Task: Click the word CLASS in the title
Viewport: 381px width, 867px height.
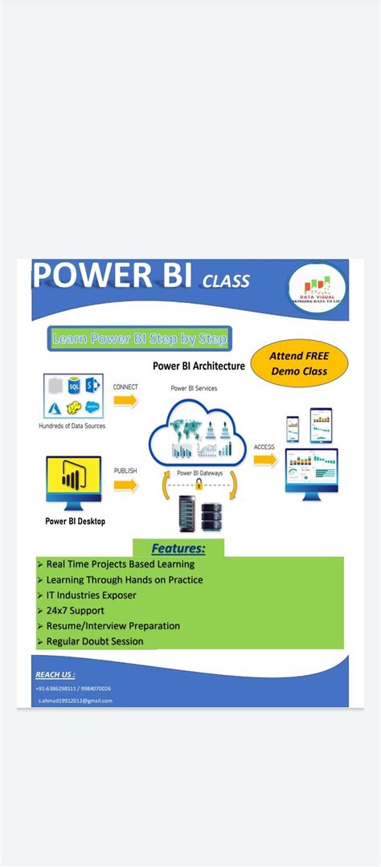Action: click(226, 280)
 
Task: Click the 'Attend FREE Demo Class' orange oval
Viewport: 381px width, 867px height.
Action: click(299, 362)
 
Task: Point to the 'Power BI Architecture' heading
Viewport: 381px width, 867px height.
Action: click(199, 366)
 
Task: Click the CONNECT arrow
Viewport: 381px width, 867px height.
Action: click(125, 402)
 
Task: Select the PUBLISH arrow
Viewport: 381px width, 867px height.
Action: click(125, 485)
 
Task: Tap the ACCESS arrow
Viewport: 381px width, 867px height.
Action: click(264, 459)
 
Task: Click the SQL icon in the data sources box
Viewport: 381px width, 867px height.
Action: click(75, 385)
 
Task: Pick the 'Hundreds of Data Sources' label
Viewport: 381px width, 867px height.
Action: click(72, 426)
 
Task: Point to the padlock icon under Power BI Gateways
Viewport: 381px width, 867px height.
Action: click(196, 485)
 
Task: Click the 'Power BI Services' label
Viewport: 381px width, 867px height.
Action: click(194, 388)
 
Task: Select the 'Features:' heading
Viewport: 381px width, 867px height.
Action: click(178, 549)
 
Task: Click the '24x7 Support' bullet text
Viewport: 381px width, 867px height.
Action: click(76, 611)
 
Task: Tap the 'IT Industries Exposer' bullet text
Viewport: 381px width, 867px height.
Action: click(91, 595)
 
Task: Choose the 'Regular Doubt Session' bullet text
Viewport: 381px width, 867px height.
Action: click(95, 641)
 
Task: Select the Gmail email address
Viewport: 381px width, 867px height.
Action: click(75, 701)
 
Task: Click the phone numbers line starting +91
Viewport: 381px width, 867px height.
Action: click(73, 689)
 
